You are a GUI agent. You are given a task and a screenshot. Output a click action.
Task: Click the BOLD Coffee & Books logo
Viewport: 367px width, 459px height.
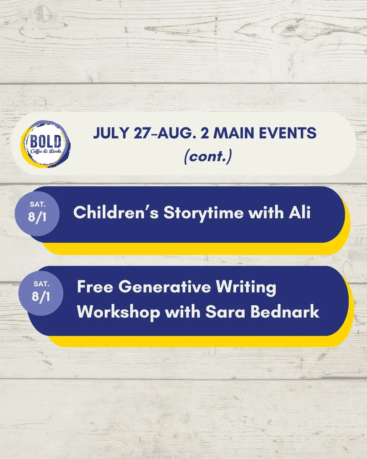46,144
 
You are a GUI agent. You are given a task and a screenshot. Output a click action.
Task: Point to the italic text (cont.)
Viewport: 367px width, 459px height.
208,157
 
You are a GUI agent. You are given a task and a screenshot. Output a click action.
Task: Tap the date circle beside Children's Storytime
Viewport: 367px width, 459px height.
37,214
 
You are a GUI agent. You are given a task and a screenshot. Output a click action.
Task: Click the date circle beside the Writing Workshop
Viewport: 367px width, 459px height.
41,293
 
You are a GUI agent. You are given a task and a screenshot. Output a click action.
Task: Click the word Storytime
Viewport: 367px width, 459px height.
204,213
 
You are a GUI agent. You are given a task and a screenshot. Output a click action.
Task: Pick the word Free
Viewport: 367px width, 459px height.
95,287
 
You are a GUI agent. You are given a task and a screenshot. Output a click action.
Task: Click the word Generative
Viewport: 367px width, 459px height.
164,287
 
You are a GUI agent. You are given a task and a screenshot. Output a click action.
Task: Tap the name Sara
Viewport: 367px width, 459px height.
225,312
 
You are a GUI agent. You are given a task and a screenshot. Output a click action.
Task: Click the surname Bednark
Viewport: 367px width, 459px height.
285,312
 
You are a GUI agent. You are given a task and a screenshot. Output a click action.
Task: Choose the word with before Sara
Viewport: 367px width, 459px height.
183,312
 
